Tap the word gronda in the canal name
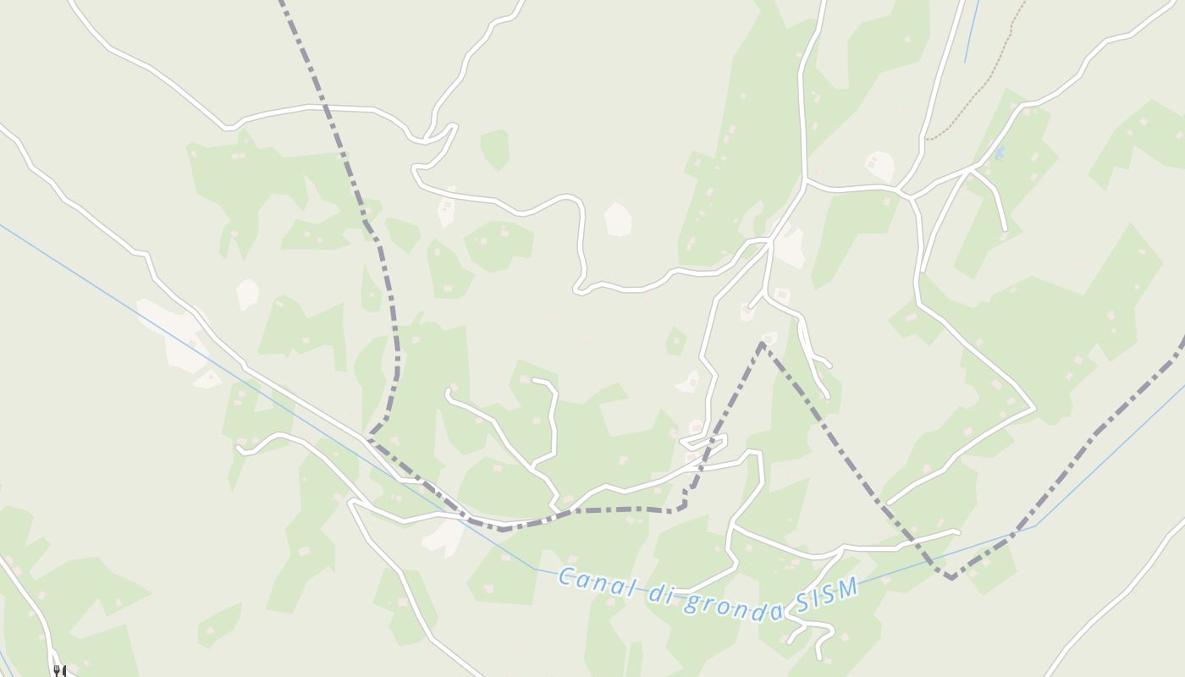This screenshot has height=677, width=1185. coord(734,603)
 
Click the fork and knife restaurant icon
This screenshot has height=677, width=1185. coord(59,671)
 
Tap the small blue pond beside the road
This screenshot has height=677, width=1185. coord(1000,152)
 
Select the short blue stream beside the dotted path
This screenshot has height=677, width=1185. coord(972,31)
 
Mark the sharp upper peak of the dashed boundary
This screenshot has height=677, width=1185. coord(762,344)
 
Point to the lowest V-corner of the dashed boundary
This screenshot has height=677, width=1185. coord(952,578)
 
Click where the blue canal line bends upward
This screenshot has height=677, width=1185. coord(1034,526)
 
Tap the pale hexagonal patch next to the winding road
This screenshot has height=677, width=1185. coord(618,219)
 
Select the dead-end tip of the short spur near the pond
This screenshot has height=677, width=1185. coord(1005,229)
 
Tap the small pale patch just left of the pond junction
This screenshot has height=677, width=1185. coord(880,166)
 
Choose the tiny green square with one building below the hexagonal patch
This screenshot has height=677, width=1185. coord(675,341)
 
